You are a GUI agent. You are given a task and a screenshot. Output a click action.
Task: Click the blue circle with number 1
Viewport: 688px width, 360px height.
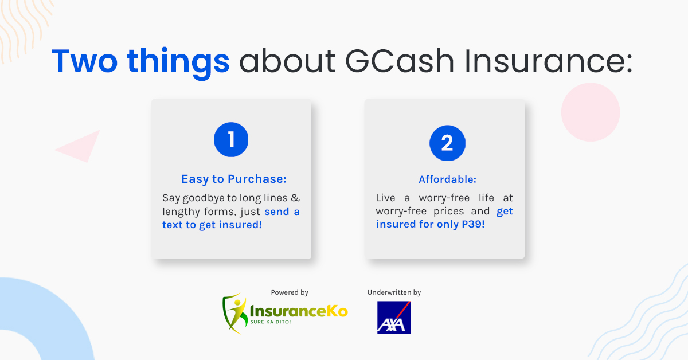231,140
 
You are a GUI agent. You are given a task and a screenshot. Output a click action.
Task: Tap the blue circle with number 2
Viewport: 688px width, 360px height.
447,143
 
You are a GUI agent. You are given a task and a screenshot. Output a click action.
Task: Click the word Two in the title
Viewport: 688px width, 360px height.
85,61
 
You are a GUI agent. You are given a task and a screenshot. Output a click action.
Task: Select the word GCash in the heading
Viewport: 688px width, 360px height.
400,61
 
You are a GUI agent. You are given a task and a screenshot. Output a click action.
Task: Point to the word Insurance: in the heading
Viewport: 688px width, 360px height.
549,61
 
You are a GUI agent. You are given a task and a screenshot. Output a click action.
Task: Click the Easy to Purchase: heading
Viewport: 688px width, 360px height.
234,179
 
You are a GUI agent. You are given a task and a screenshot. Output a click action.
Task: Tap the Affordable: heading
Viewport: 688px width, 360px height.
448,179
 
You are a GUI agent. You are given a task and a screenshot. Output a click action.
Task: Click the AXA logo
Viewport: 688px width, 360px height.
394,318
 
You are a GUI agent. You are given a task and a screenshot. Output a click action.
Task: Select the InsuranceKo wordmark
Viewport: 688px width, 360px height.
299,311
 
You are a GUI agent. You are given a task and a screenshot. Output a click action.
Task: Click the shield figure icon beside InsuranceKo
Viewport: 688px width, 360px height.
235,313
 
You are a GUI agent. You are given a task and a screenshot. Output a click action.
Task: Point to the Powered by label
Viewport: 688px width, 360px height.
290,292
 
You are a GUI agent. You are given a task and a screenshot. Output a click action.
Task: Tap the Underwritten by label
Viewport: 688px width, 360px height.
394,292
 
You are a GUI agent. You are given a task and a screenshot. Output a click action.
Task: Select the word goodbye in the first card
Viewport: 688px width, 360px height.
204,198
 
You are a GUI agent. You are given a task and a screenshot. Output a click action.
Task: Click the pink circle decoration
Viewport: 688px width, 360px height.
591,112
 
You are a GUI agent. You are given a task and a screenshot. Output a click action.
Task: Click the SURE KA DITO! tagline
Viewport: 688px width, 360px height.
271,322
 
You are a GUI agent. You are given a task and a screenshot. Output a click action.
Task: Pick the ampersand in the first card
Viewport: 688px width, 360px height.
295,198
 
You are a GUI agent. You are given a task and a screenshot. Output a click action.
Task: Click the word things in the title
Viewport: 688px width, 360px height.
178,62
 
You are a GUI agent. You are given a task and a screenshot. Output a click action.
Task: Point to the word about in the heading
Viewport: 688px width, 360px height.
287,61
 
